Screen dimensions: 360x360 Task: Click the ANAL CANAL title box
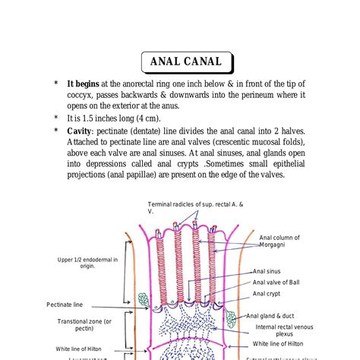[185, 62]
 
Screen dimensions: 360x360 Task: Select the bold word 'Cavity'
[84, 131]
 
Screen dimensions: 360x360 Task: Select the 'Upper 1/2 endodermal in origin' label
[87, 263]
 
